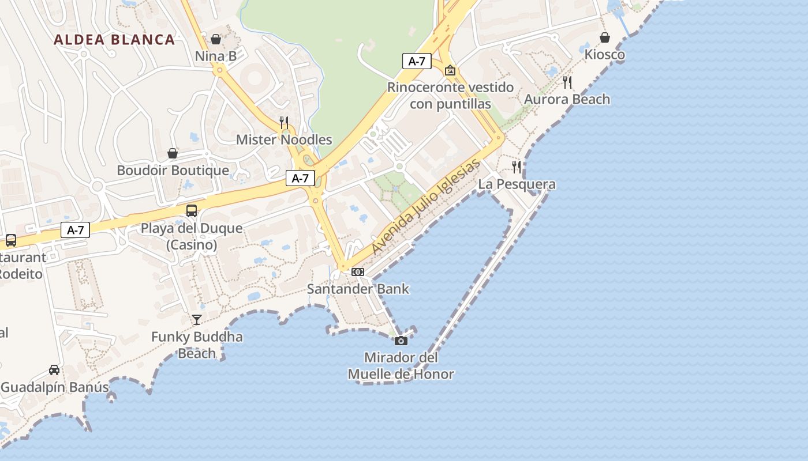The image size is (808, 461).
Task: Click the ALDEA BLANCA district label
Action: (x=114, y=40)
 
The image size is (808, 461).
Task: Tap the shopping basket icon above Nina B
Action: (x=216, y=39)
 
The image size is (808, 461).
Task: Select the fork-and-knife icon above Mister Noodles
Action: (x=284, y=122)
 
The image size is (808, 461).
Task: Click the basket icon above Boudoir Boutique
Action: (x=173, y=153)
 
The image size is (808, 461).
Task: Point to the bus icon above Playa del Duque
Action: (x=192, y=211)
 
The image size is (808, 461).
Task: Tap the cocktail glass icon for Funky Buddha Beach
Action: (x=197, y=319)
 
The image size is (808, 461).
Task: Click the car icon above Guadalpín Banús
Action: (x=54, y=370)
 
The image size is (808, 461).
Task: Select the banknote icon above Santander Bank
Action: (x=358, y=272)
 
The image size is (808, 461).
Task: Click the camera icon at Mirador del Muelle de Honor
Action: (x=401, y=341)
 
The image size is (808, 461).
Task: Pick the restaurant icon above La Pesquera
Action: (x=517, y=167)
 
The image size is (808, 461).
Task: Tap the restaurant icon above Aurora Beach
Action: (x=567, y=82)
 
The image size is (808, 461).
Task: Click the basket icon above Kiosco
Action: (x=605, y=37)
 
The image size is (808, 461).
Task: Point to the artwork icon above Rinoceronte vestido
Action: (x=450, y=70)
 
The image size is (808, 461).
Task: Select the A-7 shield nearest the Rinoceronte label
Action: (x=417, y=61)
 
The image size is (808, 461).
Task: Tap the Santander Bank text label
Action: (x=358, y=289)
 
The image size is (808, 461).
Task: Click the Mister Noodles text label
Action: (x=284, y=139)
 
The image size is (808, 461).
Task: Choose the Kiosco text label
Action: (x=605, y=55)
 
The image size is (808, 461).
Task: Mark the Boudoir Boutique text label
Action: (x=173, y=171)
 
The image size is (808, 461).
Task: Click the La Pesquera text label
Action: (x=517, y=184)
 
